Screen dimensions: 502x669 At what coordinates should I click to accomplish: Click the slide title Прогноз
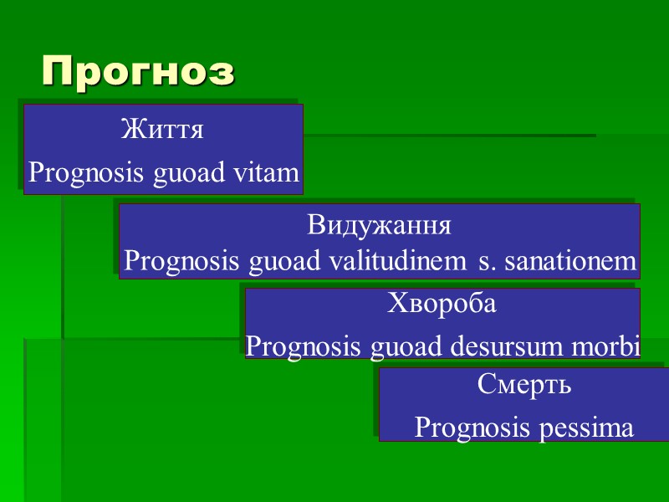pos(139,72)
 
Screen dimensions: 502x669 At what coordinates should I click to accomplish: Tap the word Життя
pos(162,130)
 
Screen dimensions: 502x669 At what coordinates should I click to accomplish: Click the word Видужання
pos(380,226)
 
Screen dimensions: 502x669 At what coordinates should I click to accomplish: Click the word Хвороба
pos(442,304)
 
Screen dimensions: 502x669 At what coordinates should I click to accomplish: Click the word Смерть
pos(524,385)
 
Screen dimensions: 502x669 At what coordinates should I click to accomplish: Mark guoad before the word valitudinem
pos(276,263)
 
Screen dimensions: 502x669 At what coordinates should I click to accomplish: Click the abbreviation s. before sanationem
pos(485,263)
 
